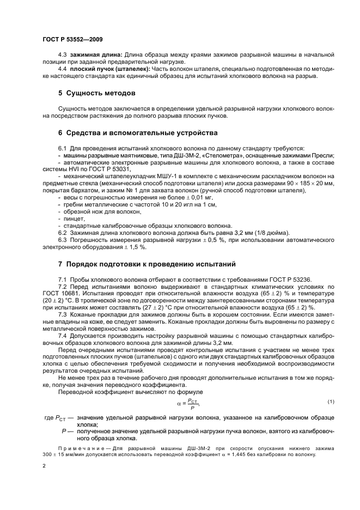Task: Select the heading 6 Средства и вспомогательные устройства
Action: point(138,132)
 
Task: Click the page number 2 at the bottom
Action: point(44,466)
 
